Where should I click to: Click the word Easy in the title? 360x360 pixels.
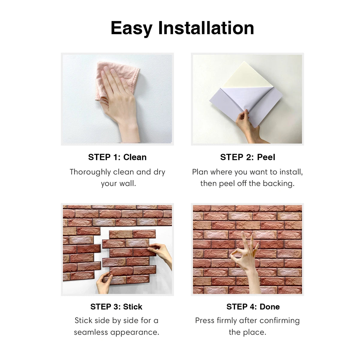(131, 28)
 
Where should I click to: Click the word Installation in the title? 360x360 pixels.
(206, 28)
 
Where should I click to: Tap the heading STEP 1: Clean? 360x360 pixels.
(117, 157)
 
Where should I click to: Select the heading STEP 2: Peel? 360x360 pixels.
(247, 157)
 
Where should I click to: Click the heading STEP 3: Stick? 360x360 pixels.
(116, 307)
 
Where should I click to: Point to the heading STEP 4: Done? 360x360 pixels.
(253, 307)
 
